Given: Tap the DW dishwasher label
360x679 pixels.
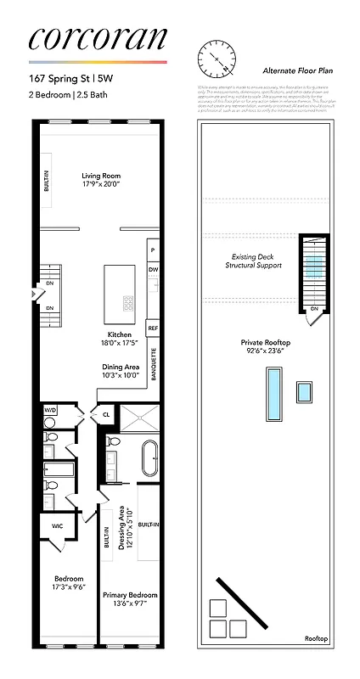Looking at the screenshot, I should (153, 270).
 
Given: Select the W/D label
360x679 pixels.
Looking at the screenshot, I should (50, 410).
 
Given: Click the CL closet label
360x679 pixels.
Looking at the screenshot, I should (106, 415).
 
